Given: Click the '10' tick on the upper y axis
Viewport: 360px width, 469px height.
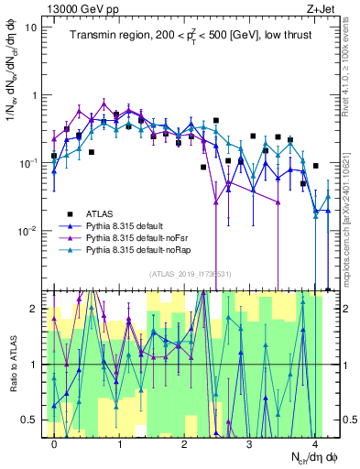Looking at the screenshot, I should tap(31, 27).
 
